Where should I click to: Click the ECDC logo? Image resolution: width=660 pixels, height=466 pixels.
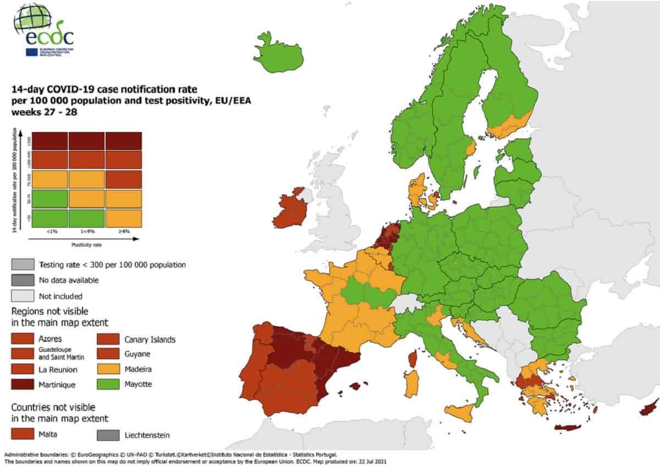pyautogui.click(x=43, y=30)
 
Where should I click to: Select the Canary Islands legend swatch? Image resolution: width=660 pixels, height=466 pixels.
pyautogui.click(x=111, y=339)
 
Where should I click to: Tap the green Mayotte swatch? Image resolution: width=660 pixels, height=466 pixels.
pyautogui.click(x=111, y=384)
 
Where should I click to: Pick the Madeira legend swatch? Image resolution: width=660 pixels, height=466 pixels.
pyautogui.click(x=111, y=369)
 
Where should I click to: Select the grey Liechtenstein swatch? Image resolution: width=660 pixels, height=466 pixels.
pyautogui.click(x=111, y=435)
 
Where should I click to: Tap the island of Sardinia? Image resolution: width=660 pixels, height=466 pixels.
pyautogui.click(x=411, y=383)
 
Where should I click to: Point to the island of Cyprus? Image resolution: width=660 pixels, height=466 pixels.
pyautogui.click(x=649, y=409)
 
